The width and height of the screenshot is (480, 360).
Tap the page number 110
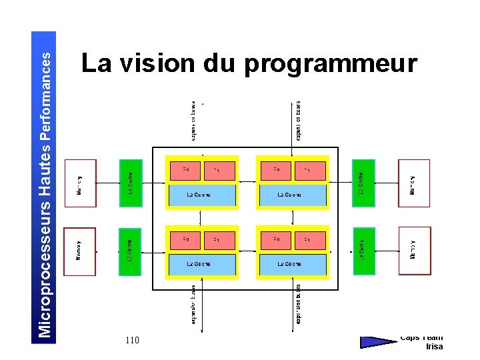(x=132, y=341)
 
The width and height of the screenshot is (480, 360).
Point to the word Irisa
(x=434, y=346)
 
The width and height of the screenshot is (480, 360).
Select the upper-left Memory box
(x=80, y=183)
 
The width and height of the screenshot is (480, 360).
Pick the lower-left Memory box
(x=80, y=251)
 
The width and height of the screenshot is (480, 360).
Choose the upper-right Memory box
(x=414, y=183)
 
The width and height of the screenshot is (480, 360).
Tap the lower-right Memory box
(x=414, y=251)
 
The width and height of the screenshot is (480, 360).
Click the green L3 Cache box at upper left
(x=130, y=183)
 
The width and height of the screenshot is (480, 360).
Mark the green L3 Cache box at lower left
(x=130, y=251)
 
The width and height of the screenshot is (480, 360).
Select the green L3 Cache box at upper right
(x=363, y=183)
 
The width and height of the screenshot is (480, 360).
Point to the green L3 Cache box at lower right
(x=363, y=251)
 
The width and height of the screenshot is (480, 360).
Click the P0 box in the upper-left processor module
(x=186, y=171)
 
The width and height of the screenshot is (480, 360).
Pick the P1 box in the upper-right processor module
(x=310, y=171)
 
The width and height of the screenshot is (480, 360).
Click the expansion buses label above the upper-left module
(x=193, y=121)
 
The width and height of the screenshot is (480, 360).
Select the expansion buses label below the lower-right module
(x=298, y=305)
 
